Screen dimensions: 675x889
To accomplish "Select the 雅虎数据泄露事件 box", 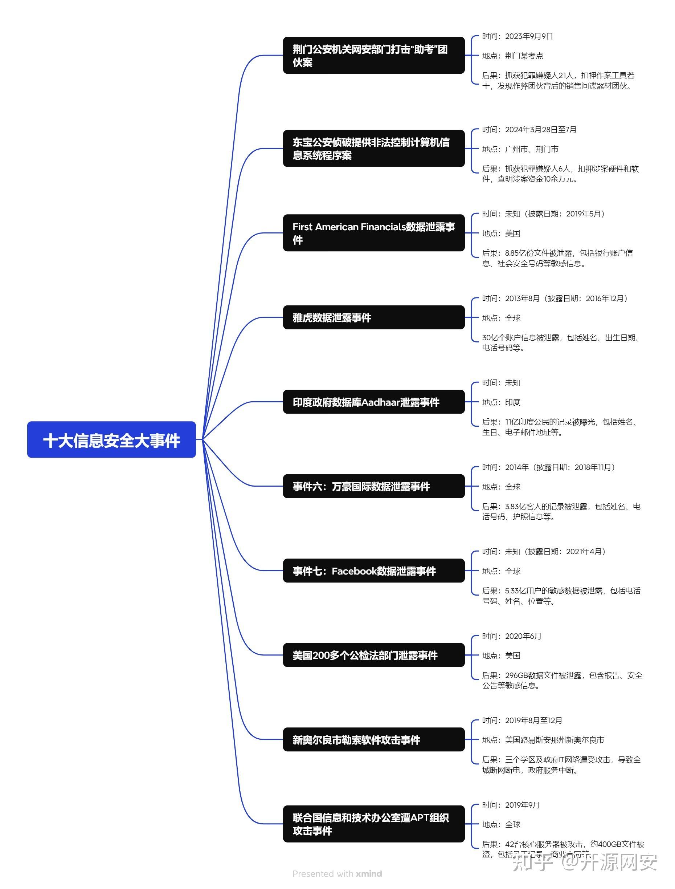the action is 373,317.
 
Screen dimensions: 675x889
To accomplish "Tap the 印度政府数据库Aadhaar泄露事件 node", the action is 373,402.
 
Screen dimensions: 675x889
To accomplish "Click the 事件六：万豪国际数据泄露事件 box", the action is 373,486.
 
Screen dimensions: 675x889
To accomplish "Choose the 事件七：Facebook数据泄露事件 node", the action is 373,571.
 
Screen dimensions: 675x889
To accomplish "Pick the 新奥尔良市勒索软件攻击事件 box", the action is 373,739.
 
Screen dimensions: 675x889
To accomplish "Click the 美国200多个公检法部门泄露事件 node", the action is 373,655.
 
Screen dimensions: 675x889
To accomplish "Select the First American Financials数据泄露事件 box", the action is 373,233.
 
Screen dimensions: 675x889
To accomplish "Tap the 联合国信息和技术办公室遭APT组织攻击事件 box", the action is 373,824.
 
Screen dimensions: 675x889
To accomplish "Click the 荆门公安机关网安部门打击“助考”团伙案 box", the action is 373,55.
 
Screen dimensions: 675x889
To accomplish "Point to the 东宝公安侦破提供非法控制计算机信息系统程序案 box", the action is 373,149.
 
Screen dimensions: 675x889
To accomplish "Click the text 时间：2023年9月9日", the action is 517,36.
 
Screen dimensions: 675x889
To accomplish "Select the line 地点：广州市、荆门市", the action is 520,149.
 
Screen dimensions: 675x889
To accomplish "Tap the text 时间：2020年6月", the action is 511,636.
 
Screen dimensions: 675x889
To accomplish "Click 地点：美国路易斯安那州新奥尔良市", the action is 543,740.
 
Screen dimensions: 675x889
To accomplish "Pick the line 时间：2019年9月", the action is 511,805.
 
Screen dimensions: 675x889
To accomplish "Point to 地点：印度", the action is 501,402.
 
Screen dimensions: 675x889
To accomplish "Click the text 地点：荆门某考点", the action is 512,56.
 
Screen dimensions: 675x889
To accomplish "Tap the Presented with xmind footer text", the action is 337,873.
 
